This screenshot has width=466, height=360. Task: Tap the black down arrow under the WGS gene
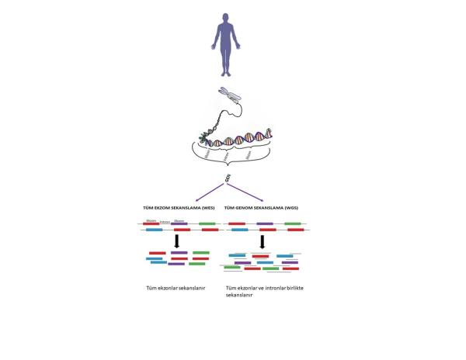263,242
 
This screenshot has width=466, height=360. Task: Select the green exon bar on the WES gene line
207,223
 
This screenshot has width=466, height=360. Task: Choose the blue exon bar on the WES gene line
152,230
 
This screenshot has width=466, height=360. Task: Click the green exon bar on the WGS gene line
294,223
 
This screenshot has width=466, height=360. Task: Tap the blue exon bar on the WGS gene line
238,230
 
